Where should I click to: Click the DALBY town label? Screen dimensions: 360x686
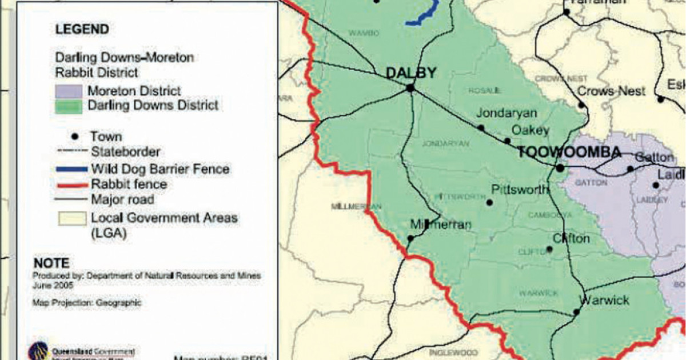pos(411,73)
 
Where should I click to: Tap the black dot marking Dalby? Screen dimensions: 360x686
pos(410,88)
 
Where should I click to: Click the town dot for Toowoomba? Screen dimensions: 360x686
pos(560,168)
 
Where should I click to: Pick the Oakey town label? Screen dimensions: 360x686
pos(530,130)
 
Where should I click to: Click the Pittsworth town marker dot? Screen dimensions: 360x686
pos(489,202)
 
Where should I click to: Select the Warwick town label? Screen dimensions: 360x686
pos(604,300)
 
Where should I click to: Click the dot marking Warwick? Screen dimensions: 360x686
pos(576,312)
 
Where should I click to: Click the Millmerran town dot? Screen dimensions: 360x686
pos(410,239)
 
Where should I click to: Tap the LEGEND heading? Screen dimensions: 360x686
pos(82,30)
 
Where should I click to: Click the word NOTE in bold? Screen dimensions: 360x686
pos(51,263)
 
